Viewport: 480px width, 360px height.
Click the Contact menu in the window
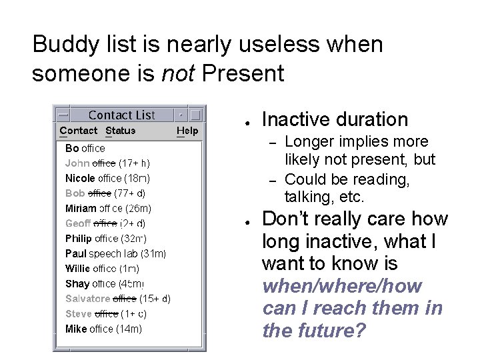click(x=78, y=131)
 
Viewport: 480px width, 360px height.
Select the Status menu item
click(x=121, y=131)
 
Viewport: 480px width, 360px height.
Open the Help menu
click(x=187, y=131)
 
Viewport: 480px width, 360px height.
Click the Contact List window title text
click(x=121, y=115)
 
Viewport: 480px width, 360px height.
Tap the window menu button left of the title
click(x=62, y=115)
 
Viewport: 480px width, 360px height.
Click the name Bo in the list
click(x=72, y=148)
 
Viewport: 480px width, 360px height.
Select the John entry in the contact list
click(x=77, y=163)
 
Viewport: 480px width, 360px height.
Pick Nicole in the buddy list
click(x=80, y=178)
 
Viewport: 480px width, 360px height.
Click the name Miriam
click(x=81, y=209)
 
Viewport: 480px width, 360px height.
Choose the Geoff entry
click(x=78, y=223)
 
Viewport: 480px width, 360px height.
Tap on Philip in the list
click(x=79, y=238)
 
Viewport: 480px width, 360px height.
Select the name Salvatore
click(x=87, y=299)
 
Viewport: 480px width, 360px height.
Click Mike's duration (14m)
click(x=129, y=329)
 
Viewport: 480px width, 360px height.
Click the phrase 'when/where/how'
click(x=342, y=286)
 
